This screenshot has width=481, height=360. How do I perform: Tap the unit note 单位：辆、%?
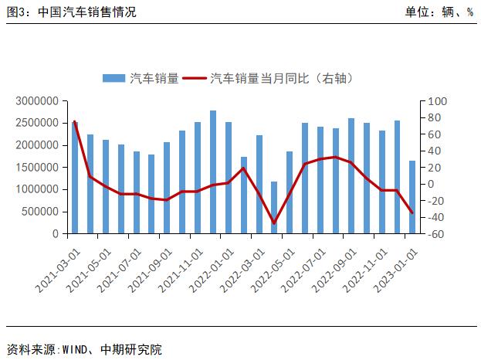coord(438,12)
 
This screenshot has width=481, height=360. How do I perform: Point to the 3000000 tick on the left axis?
coord(36,101)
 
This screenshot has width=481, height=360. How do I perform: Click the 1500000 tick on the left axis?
coord(36,167)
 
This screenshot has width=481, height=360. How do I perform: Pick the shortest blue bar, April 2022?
coord(274,207)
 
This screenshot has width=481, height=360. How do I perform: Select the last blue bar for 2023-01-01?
coord(412,197)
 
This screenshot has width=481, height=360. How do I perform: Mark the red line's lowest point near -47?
coord(274,223)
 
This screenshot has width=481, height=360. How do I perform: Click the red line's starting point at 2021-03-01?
coord(75,122)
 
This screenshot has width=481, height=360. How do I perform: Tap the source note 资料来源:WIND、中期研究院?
coord(84,349)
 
